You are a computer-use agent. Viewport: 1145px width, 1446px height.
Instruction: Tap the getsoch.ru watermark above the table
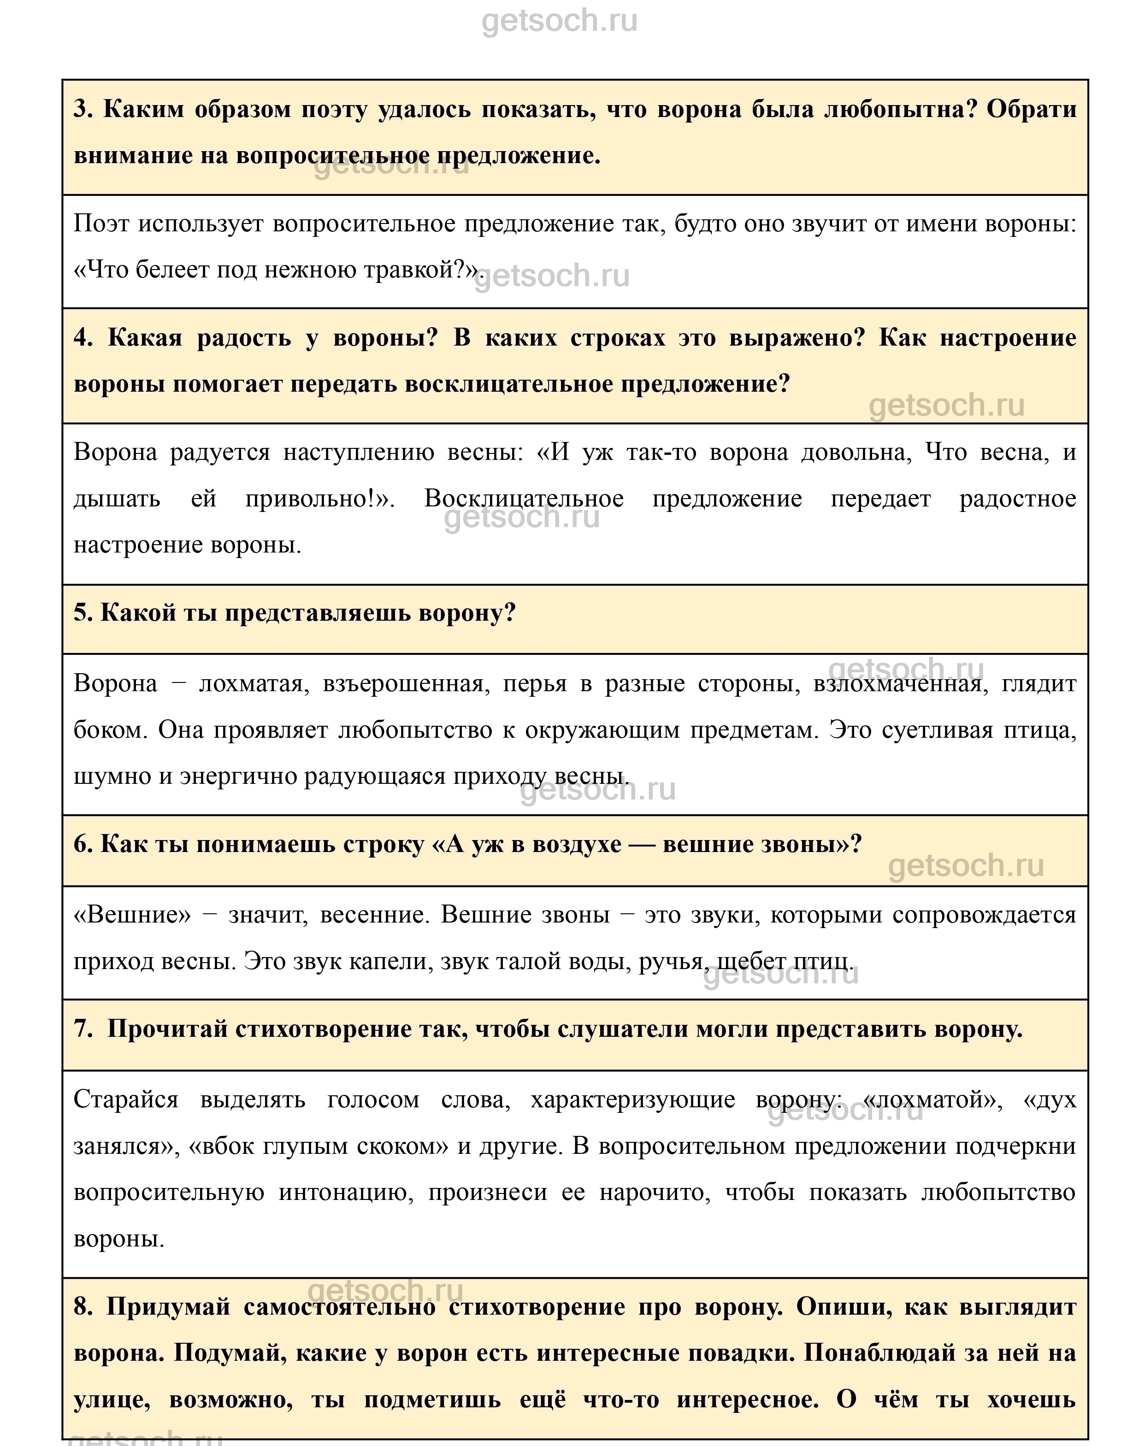point(560,22)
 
